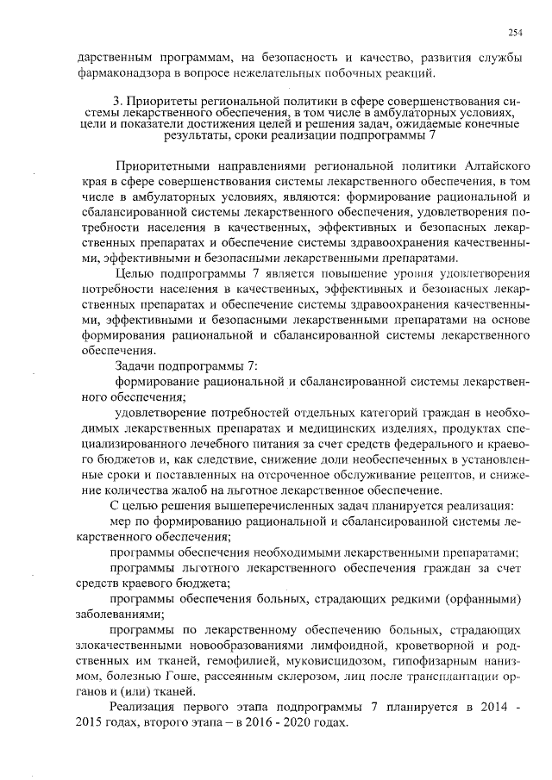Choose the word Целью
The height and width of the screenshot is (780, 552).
coord(133,274)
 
